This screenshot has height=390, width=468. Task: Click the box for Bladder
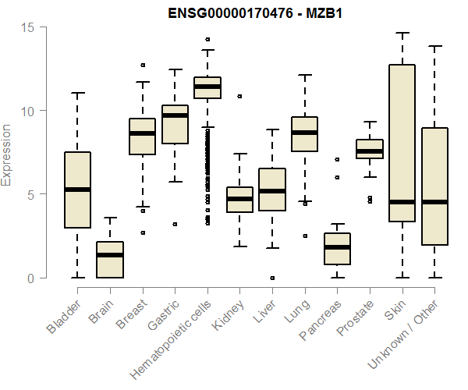point(77,190)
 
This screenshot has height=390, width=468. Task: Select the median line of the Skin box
point(402,202)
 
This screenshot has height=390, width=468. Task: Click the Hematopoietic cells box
point(207,87)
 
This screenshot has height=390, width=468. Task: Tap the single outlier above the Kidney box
point(239,97)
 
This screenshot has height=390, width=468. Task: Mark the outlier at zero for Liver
point(272,278)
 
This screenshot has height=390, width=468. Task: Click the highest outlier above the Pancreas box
point(337,159)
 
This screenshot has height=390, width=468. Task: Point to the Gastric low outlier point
point(175,224)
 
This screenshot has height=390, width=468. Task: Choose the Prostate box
point(370,149)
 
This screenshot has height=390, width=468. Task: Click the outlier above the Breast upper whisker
point(142,66)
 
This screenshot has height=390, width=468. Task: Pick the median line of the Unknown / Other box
point(434,202)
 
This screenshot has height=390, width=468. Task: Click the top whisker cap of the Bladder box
point(77,93)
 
